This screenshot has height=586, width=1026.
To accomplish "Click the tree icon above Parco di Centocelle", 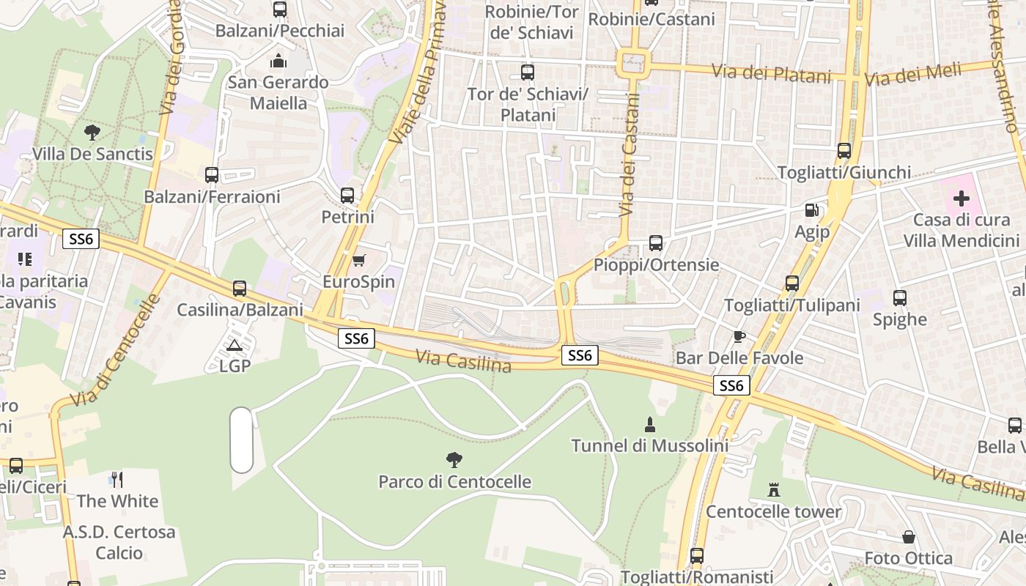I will click(454, 460).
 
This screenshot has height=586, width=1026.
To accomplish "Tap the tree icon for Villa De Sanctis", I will click(92, 133).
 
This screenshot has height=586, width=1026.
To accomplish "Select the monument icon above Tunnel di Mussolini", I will click(649, 424).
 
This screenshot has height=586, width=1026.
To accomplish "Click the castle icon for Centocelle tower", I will click(774, 490).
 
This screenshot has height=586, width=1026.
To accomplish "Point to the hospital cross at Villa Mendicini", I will click(961, 199).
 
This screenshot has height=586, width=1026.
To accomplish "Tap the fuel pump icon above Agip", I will click(812, 210).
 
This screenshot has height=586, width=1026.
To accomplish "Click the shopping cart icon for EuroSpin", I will click(359, 261).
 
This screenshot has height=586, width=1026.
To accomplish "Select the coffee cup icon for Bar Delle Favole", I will click(739, 337).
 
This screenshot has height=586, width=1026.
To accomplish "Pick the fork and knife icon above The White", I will click(117, 480).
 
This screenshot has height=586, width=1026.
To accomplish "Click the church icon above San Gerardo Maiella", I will click(278, 60).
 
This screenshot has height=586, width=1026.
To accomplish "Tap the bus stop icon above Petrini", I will click(347, 196).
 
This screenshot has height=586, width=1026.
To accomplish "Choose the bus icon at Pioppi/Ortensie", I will click(656, 243).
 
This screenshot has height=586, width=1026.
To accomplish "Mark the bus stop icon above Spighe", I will click(900, 298).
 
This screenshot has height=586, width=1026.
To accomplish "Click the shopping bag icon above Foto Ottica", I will click(909, 537).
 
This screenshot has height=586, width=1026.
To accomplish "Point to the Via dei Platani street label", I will click(772, 74).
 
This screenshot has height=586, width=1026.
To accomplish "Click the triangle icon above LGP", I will click(235, 345).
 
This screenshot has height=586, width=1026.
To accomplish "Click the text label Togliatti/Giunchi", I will click(844, 173).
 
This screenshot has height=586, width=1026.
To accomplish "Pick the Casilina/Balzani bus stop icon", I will click(240, 289).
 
